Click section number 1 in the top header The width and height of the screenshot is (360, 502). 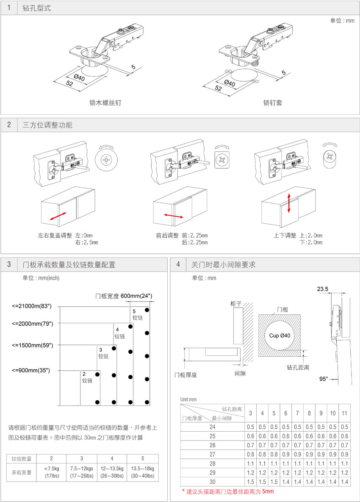point(9,8)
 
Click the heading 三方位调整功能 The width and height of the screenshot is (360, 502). point(47,125)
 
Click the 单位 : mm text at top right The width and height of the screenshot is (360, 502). point(342,21)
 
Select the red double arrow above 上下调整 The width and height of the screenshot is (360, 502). point(289,203)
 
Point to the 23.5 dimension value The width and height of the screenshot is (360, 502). point(323,289)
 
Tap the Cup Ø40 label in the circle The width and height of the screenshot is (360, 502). point(280,336)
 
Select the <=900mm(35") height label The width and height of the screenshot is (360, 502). point(31,371)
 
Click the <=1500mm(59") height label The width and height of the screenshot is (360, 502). point(33,345)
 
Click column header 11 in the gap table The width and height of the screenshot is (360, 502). point(344,413)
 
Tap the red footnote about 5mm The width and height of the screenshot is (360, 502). point(228,491)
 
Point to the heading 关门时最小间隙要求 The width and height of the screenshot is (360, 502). point(223,265)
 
